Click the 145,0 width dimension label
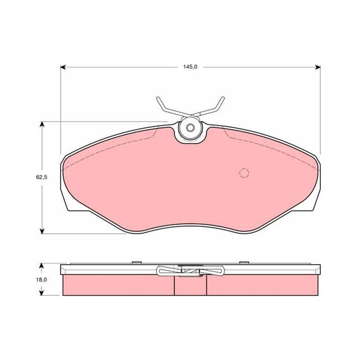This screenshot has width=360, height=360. pyautogui.click(x=190, y=67)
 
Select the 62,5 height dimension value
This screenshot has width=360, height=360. pyautogui.click(x=41, y=177)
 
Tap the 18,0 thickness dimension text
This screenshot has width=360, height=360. pyautogui.click(x=41, y=279)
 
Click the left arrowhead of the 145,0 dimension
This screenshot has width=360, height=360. pyautogui.click(x=63, y=67)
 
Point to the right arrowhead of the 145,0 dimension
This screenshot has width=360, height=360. pyautogui.click(x=318, y=67)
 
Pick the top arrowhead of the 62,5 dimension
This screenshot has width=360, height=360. pyautogui.click(x=42, y=124)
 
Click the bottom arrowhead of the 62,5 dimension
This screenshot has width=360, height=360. pyautogui.click(x=42, y=231)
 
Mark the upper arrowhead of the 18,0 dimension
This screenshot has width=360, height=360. pyautogui.click(x=41, y=266)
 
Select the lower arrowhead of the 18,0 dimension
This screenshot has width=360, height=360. pyautogui.click(x=41, y=292)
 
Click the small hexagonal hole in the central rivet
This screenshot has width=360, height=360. pyautogui.click(x=190, y=128)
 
